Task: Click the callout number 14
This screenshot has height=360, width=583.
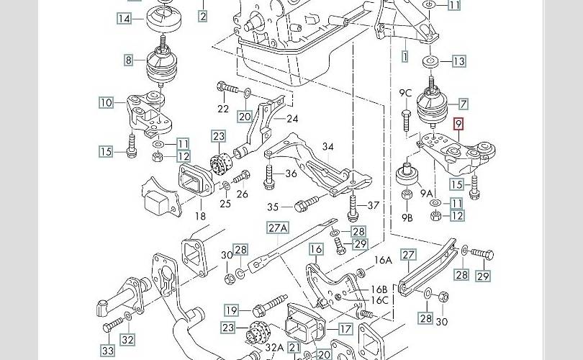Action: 125,19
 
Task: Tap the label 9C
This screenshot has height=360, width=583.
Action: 405,93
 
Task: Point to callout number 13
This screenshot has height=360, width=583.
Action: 458,61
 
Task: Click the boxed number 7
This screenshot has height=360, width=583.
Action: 463,104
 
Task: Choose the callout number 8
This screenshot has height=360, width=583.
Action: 129,60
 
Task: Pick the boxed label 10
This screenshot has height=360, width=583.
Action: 107,103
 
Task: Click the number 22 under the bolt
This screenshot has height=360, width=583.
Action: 223,109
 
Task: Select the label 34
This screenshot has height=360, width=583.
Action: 327,147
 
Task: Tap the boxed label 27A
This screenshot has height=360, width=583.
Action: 278,228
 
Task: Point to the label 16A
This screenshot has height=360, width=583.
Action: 383,261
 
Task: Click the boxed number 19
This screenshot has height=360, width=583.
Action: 230,311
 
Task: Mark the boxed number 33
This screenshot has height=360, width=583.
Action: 107,351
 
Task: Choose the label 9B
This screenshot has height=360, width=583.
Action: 407,217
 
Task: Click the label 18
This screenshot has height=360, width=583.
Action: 200,216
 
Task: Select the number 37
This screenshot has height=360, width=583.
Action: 373,205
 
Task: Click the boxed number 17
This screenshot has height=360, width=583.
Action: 345,329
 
